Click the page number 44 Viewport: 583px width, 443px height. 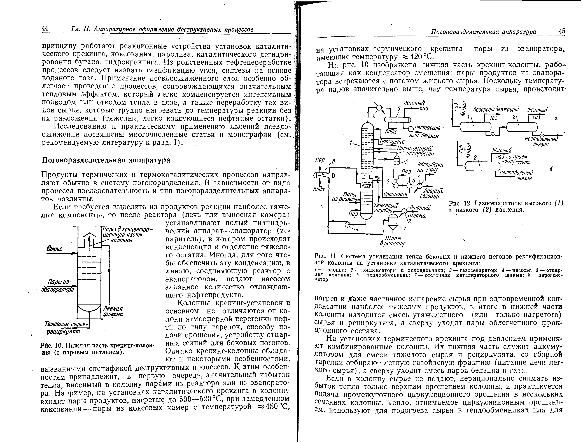point(45,29)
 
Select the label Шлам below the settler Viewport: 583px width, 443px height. point(391,238)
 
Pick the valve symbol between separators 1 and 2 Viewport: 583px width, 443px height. point(493,135)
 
